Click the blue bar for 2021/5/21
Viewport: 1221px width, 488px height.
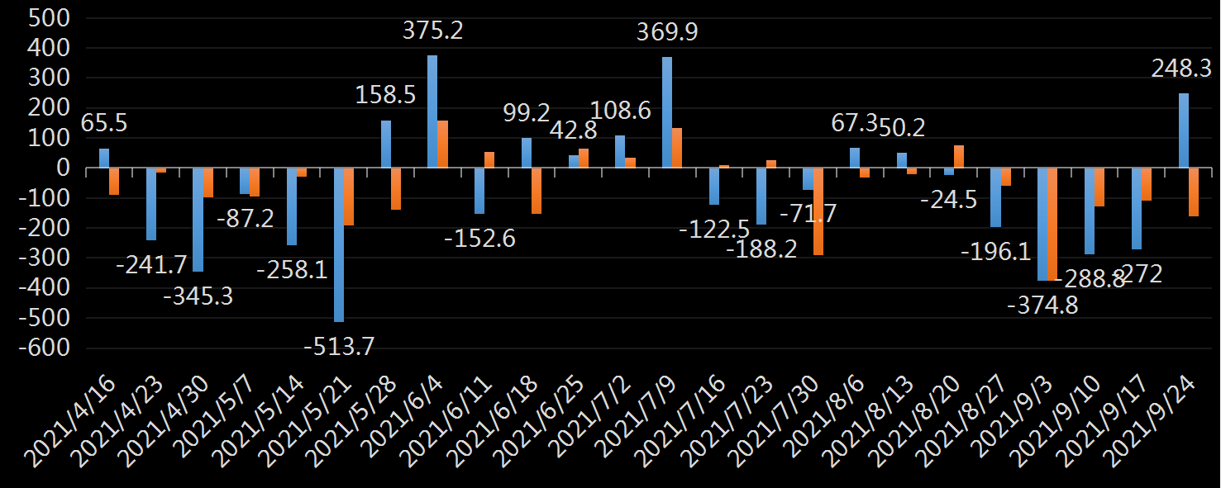(x=338, y=244)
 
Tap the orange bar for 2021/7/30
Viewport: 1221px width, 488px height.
(x=818, y=211)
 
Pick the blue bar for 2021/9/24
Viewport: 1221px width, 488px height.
(x=1184, y=130)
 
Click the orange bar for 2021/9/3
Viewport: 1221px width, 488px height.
(x=1053, y=225)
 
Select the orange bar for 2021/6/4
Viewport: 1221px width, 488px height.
(x=442, y=145)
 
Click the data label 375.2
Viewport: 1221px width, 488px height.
(x=433, y=31)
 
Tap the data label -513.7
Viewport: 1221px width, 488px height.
(x=339, y=347)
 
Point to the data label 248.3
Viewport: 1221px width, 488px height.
(x=1182, y=69)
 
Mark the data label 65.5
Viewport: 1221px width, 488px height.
(x=104, y=124)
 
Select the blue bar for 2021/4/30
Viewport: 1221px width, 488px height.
(x=198, y=220)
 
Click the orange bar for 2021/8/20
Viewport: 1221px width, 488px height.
(x=959, y=157)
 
